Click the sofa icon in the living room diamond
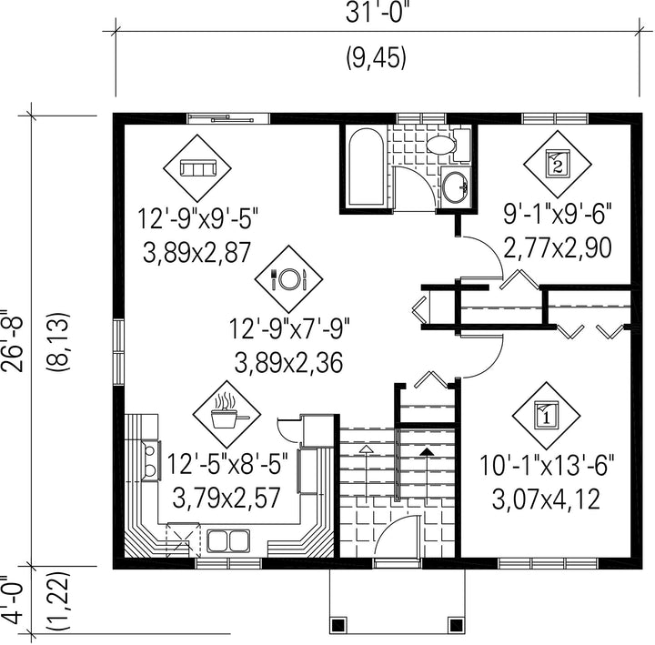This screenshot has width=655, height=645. tap(197, 168)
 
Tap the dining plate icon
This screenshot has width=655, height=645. tap(288, 278)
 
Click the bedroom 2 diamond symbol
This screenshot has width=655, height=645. tap(558, 165)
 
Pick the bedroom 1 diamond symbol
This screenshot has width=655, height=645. tap(547, 415)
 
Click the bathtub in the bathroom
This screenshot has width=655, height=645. tap(366, 166)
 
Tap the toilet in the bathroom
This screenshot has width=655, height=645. tap(448, 145)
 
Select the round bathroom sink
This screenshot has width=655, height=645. tap(456, 187)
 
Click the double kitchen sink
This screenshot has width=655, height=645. tap(228, 541)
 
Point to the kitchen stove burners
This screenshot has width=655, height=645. tap(150, 460)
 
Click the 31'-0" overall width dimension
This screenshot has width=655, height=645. tap(376, 14)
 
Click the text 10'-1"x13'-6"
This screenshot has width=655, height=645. tap(547, 466)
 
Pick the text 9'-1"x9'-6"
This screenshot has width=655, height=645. tap(558, 215)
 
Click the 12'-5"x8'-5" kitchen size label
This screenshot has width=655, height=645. tap(227, 464)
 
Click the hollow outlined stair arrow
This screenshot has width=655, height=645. tap(367, 475)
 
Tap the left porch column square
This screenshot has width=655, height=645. tap(338, 625)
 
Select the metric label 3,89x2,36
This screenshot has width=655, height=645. tap(288, 363)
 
